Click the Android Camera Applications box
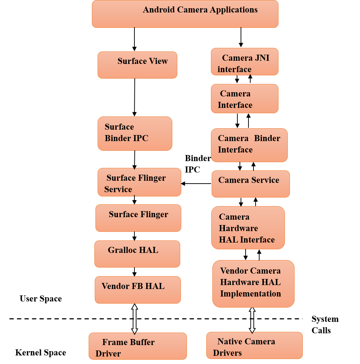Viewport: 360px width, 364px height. pos(185,14)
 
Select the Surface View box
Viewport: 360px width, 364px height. pos(137,65)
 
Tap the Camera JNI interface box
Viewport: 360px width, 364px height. pos(245,62)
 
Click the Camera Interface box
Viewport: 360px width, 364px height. pos(245,99)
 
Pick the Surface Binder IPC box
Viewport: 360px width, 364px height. pos(135,133)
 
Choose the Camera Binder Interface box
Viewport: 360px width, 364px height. pos(249,145)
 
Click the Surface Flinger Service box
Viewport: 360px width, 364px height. pos(139,182)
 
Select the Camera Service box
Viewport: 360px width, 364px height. pos(251,184)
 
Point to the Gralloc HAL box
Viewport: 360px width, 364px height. pos(137,254)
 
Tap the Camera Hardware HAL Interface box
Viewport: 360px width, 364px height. pos(248,228)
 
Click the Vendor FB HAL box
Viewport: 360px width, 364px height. pos(138,290)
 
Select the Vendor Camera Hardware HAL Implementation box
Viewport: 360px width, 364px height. pos(253,283)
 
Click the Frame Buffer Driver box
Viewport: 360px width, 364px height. pos(138,346)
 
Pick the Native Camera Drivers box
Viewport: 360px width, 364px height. pos(254,345)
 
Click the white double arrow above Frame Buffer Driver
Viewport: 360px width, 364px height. pos(135,319)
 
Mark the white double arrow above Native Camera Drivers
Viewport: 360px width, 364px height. pos(252,320)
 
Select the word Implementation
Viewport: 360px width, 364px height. pos(250,294)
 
